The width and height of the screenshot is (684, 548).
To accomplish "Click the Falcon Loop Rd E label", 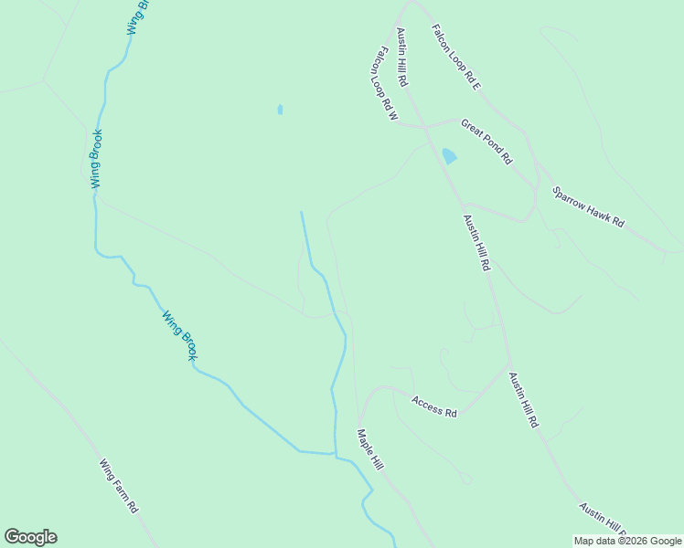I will [x=456, y=57].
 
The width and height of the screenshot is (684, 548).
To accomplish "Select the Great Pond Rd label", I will [x=486, y=142].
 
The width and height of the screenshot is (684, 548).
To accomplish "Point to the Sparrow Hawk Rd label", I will [x=588, y=207].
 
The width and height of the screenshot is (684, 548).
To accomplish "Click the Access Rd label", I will [x=433, y=406].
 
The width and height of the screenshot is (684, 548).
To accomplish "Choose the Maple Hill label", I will [x=369, y=450].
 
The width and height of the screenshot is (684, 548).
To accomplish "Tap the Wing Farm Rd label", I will [x=119, y=485].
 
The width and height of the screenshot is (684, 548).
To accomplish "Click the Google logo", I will [x=30, y=537].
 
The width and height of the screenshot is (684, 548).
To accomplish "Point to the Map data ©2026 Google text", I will [x=627, y=541].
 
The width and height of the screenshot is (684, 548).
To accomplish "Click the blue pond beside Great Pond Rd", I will [x=449, y=156].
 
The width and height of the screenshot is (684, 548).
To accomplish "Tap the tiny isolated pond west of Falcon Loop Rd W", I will [x=280, y=110].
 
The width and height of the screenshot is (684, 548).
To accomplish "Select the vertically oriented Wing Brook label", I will [x=96, y=159].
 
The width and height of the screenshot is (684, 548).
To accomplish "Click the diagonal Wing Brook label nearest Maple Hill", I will [x=179, y=336].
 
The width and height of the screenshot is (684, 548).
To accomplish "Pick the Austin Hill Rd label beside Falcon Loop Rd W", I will [x=401, y=58].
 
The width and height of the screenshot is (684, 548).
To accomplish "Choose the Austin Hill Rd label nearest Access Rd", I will [x=524, y=401].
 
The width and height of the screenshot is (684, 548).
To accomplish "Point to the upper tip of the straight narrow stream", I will [x=302, y=213].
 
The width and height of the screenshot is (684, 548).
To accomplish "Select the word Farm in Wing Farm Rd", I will [x=120, y=486].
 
